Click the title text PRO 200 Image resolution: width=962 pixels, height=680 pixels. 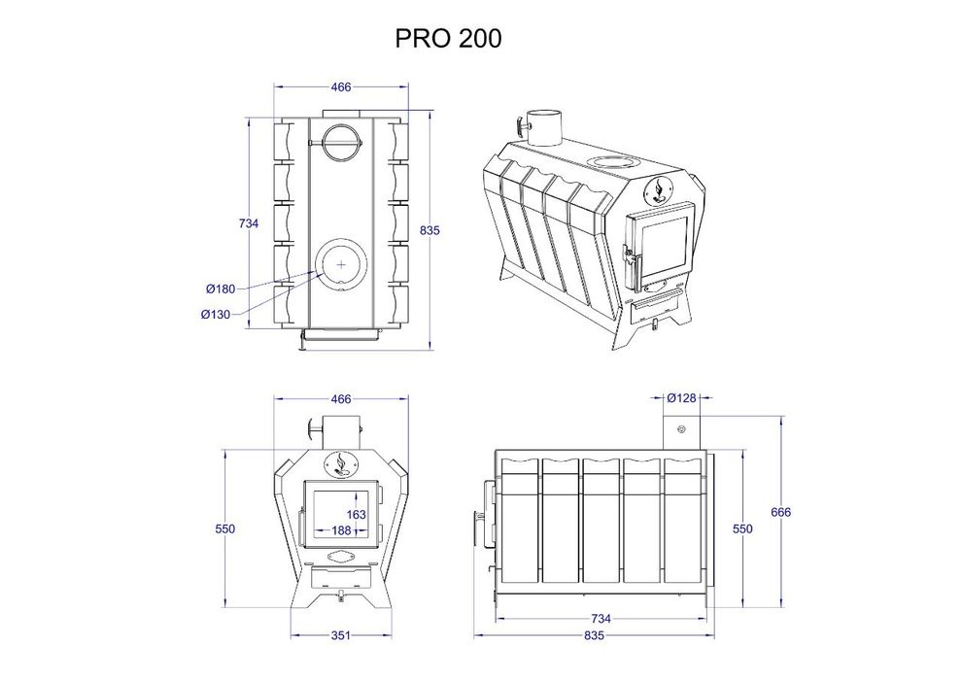coord(448,38)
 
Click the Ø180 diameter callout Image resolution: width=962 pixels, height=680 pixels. coord(219,289)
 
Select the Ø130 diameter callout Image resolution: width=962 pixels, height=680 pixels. coord(216,314)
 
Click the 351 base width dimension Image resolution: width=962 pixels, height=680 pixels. coord(340,635)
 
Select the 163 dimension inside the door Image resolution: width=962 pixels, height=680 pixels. coord(356,514)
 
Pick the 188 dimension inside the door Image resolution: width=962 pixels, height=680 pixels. coord(342,530)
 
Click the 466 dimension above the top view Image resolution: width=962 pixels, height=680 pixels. coord(340,86)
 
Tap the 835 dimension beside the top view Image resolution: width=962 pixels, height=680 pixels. coord(429,230)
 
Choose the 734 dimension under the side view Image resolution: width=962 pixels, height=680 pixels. coord(601,618)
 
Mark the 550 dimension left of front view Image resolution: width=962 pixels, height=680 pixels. coord(225,528)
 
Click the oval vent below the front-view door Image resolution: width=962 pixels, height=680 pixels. coord(341,557)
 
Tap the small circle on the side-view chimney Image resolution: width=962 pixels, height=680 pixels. coord(681,429)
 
